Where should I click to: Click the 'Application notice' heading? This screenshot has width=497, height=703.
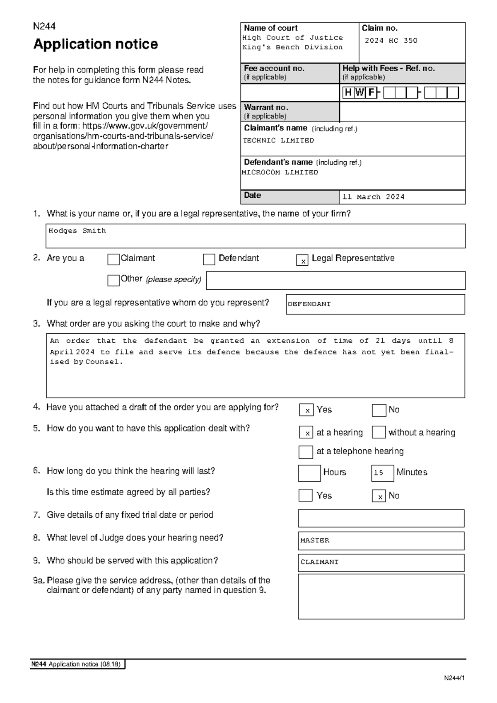pos(96,44)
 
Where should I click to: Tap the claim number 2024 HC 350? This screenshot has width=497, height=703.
pos(391,41)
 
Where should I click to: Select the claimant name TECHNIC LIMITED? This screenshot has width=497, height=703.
pos(278,141)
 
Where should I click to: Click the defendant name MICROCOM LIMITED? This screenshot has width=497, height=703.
pos(280,172)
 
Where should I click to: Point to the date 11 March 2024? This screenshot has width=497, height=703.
pos(373,197)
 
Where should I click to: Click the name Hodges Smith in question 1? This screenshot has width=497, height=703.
pos(77,231)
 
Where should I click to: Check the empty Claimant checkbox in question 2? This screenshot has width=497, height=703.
pos(113,259)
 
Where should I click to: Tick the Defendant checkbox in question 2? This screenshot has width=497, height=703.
pos(209,259)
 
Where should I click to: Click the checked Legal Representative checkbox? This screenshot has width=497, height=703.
pos(302,260)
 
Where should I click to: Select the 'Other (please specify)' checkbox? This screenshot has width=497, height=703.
pos(113,281)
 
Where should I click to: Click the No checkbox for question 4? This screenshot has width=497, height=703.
pos(379,410)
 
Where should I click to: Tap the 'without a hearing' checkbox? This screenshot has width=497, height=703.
pos(379,432)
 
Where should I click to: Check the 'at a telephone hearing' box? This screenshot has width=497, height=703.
pos(306,452)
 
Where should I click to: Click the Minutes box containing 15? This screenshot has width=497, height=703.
pos(382,473)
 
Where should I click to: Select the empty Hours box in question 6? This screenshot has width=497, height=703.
pos(309,473)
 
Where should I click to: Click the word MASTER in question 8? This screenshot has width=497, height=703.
pos(315,541)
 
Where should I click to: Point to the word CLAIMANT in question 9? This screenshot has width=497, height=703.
pos(319,562)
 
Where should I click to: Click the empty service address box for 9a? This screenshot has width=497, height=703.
pos(381,596)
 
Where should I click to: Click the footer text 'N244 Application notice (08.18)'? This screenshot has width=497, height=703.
pos(76,664)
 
